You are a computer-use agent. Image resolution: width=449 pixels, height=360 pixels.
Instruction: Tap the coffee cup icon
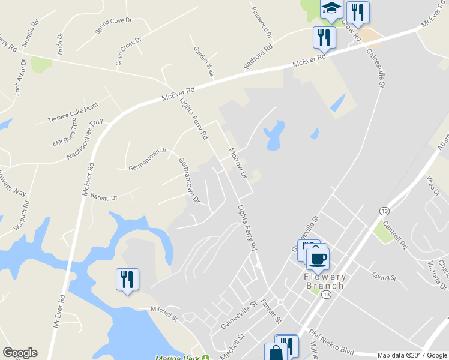tap(318, 258)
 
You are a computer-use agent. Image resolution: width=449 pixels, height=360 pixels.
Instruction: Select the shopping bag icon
tap(276, 353)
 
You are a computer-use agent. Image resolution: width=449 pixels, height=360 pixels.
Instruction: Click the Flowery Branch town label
tap(325, 281)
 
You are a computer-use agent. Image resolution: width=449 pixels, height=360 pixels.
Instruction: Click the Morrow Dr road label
tap(237, 163)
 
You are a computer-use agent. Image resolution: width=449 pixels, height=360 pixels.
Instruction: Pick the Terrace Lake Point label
tap(73, 113)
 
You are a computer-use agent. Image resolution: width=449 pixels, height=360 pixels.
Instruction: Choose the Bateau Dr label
tap(104, 196)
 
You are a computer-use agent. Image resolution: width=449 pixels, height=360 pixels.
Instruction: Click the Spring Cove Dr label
tap(113, 25)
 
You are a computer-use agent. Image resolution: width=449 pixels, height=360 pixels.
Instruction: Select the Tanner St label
tap(271, 308)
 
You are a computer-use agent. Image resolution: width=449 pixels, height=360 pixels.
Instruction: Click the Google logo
tap(20, 353)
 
